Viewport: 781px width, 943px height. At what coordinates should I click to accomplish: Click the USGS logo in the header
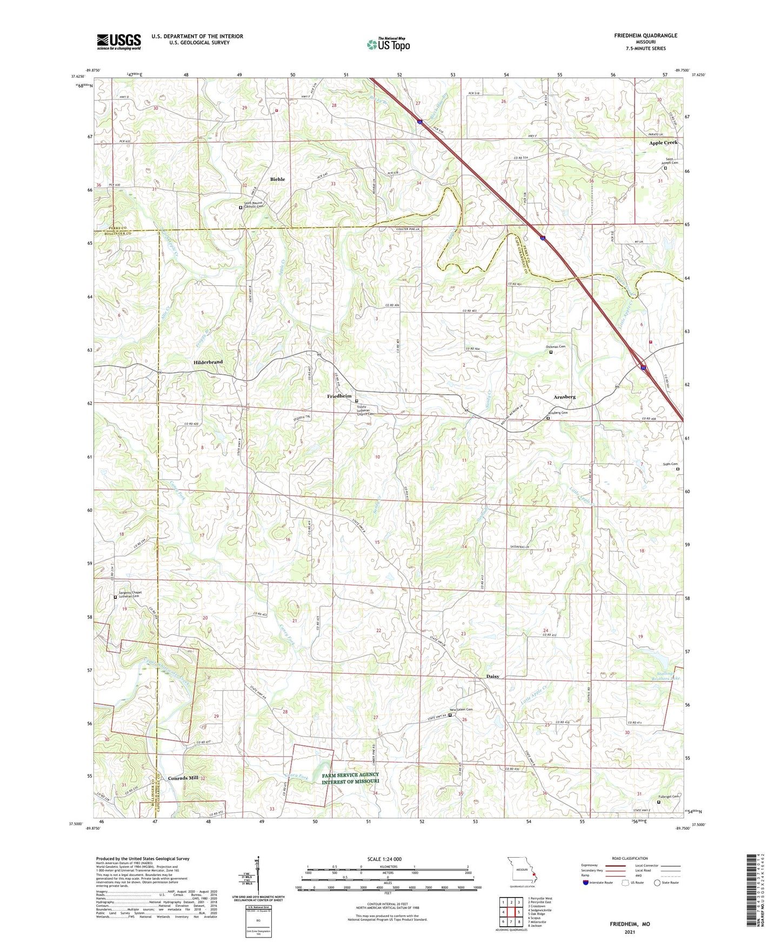click(x=119, y=42)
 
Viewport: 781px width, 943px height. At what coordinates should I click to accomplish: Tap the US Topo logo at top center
click(x=388, y=44)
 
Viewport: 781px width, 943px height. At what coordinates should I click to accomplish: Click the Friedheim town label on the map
click(x=339, y=396)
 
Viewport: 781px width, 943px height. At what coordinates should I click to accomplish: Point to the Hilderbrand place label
click(x=208, y=362)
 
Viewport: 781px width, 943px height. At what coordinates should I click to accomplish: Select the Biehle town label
click(x=277, y=179)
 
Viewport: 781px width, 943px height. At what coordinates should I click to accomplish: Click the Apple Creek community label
click(x=663, y=143)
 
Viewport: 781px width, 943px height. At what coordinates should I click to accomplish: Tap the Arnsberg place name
click(x=564, y=397)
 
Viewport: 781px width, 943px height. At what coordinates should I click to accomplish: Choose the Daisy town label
click(x=492, y=676)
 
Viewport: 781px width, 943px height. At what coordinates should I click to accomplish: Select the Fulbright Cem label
click(x=669, y=796)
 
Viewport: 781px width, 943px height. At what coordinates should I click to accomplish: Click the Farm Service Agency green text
click(x=350, y=778)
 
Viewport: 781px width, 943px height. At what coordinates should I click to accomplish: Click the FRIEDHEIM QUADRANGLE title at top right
click(x=645, y=36)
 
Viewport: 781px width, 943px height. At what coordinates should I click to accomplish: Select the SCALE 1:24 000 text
click(x=384, y=859)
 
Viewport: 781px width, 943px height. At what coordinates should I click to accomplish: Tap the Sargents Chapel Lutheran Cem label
click(x=132, y=594)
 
